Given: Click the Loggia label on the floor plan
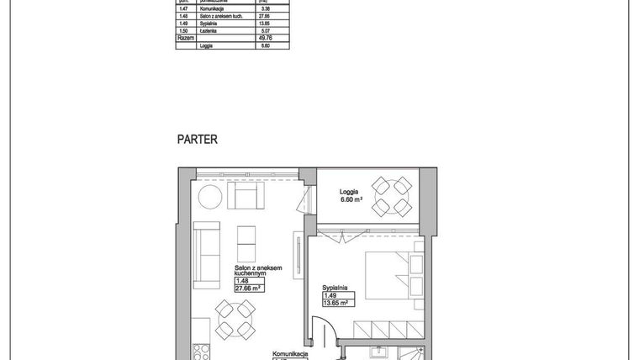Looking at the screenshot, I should (x=351, y=191).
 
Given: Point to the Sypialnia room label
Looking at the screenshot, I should (x=335, y=287).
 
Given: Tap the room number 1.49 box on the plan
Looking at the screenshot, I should (x=330, y=295).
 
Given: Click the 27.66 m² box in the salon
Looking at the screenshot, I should (x=250, y=288).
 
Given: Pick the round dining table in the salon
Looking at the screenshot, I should (x=233, y=320).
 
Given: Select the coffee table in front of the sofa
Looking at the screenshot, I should (x=248, y=244).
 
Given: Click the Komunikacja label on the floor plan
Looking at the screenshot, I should (x=290, y=355).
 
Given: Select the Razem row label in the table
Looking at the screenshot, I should (x=185, y=39).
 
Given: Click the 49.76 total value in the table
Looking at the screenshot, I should (x=265, y=39).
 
